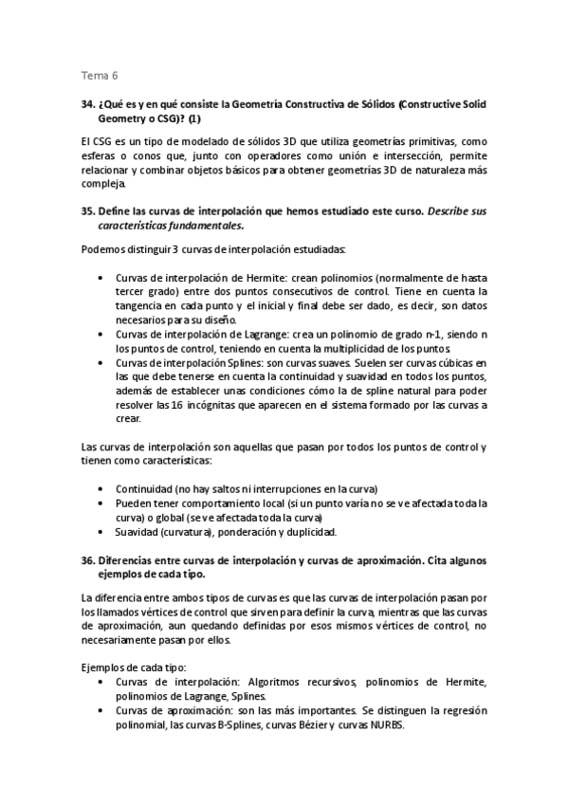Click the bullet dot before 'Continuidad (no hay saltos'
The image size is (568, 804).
[102, 489]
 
